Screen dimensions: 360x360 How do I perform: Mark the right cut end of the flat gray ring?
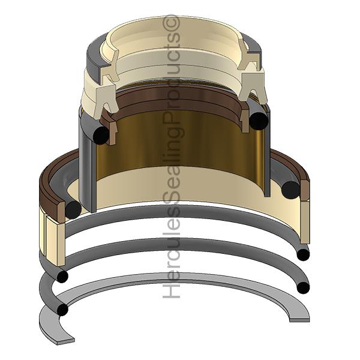299,320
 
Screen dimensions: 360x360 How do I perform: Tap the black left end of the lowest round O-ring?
62,310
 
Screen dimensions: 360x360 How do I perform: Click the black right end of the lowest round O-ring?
303,287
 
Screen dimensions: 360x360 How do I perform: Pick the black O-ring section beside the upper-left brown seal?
101,136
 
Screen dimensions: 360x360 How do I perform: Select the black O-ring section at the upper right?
259,121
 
